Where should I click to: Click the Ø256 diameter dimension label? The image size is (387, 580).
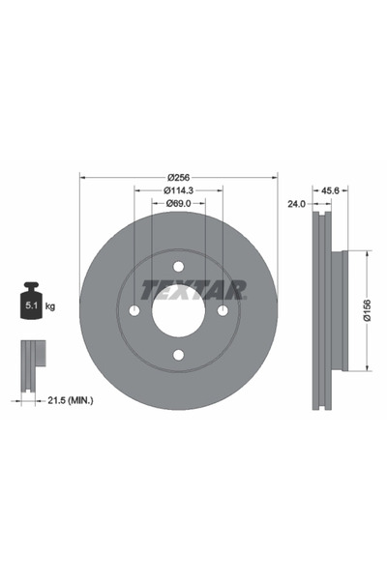[178, 177]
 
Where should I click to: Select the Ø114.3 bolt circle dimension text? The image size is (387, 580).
[178, 190]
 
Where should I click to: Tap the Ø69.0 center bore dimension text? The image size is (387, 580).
[178, 204]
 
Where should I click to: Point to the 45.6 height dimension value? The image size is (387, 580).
[329, 190]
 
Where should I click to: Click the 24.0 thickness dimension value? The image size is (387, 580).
[296, 204]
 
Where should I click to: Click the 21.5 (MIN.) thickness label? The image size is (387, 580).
[71, 398]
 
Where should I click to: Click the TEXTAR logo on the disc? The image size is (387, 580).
[193, 288]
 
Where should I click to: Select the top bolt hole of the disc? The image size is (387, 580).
[178, 267]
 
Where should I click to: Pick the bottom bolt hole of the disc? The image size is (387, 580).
[178, 355]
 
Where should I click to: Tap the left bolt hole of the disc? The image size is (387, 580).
[134, 310]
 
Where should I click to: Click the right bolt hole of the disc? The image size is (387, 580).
[223, 310]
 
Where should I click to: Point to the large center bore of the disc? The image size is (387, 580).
[178, 310]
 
